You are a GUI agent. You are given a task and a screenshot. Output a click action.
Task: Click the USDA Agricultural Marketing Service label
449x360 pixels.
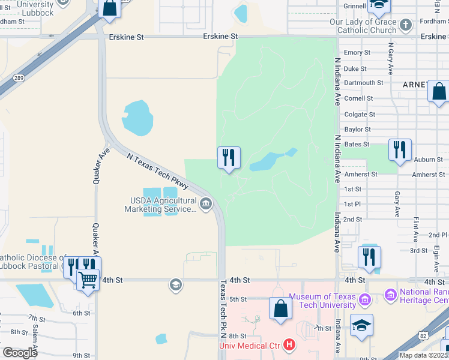tap(160, 205)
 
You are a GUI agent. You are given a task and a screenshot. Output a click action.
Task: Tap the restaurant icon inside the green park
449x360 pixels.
tap(228, 158)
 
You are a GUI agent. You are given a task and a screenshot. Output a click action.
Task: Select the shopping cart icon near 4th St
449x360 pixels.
tap(88, 280)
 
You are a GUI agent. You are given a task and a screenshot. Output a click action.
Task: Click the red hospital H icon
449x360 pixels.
tap(290, 345)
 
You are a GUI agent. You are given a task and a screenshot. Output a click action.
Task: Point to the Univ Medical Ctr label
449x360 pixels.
tap(250, 345)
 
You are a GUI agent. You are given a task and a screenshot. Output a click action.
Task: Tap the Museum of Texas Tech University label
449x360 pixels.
tap(322, 301)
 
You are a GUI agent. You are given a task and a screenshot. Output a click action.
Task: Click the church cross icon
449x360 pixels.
tap(406, 25)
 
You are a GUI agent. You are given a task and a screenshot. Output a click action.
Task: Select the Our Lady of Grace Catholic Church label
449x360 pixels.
tap(363, 26)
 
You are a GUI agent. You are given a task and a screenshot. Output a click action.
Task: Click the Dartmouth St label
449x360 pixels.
tap(363, 83)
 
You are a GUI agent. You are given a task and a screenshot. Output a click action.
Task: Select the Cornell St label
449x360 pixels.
tap(359, 98)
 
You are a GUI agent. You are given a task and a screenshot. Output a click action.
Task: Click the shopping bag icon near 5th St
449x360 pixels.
tap(280, 308)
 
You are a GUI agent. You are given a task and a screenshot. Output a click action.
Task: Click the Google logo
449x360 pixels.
tap(20, 352)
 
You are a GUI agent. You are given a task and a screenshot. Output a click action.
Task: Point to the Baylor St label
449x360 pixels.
tap(358, 129)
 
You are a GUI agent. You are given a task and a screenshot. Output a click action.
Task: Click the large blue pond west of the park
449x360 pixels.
tap(137, 118)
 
